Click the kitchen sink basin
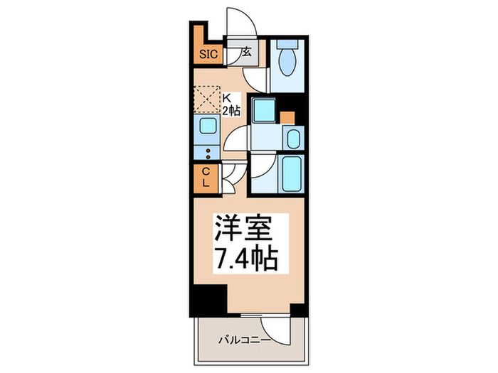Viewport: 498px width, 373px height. coord(208,127)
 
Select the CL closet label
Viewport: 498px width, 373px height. coord(206,178)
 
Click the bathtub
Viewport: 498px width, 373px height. coord(292,172)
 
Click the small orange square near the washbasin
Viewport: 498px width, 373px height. coord(287,117)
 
